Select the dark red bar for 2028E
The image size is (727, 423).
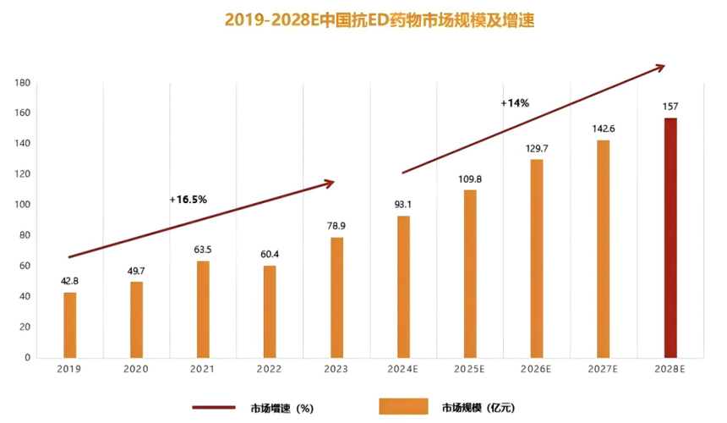pos(670,238)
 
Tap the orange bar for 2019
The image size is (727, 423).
pos(70,325)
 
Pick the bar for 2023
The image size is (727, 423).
pos(336,297)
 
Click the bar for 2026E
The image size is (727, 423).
pos(537,258)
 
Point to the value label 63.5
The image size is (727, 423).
pos(203,250)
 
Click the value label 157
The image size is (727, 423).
pos(670,107)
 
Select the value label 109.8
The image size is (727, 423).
pos(470,179)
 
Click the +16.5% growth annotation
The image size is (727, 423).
pos(188,200)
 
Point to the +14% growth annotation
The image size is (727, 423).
pos(514,103)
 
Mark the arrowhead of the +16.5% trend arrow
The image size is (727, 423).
pos(331,182)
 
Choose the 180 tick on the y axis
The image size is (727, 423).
pos(23,83)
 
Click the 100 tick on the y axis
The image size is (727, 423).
pos(23,205)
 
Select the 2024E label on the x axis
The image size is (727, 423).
pos(403,370)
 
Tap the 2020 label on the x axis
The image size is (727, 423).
pos(136,370)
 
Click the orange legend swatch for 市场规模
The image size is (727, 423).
pos(402,407)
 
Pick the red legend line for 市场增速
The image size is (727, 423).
pos(222,408)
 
